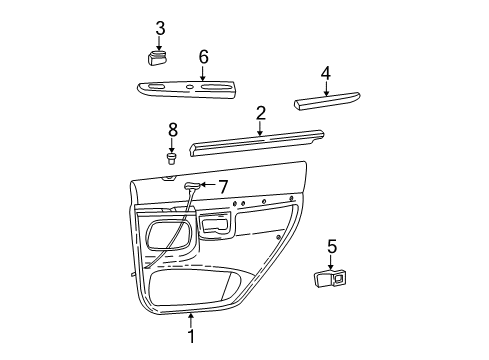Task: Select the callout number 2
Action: point(260,113)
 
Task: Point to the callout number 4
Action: point(325,73)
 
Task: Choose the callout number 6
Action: point(203,56)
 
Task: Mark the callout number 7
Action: point(224,185)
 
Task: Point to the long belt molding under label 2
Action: point(257,139)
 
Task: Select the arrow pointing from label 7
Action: point(205,185)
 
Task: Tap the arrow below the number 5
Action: point(331,260)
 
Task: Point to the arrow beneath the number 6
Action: point(203,72)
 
